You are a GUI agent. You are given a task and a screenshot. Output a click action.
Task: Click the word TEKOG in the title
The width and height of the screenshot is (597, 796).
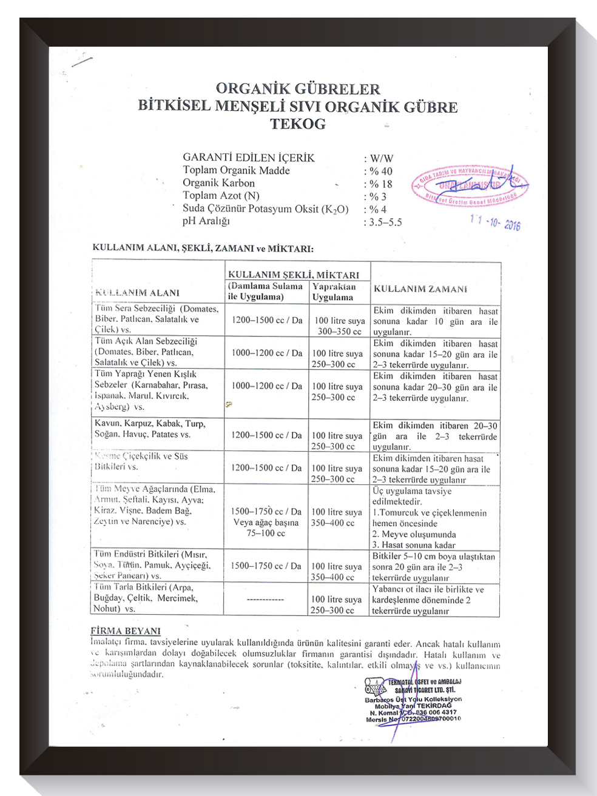(x=298, y=124)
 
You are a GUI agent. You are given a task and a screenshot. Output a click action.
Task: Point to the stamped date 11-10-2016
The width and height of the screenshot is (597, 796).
(x=495, y=222)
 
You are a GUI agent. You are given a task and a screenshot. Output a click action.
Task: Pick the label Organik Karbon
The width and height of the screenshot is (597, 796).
(x=218, y=183)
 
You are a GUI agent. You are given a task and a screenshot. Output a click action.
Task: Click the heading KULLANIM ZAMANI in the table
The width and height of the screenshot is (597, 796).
(x=420, y=289)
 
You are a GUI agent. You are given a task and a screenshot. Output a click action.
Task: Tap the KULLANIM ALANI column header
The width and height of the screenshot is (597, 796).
(x=138, y=293)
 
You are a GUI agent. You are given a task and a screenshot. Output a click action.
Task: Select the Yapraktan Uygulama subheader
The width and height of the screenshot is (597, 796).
(x=334, y=292)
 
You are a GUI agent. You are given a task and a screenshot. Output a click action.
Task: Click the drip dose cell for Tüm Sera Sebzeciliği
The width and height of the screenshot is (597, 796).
(x=267, y=320)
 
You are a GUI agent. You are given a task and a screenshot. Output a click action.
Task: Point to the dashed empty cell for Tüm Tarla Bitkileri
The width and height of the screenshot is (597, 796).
(x=266, y=599)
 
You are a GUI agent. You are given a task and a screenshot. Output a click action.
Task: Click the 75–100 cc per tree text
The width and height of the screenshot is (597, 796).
(x=266, y=533)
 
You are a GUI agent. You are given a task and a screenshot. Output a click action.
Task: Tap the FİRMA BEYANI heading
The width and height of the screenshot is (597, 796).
(x=126, y=631)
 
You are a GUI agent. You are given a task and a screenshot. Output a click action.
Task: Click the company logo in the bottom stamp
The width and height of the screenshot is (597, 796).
(x=375, y=687)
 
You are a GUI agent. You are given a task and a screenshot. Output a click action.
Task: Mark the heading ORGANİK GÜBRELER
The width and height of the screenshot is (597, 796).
(x=298, y=89)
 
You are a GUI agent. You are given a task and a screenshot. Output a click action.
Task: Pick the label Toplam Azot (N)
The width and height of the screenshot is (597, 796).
(x=221, y=196)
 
